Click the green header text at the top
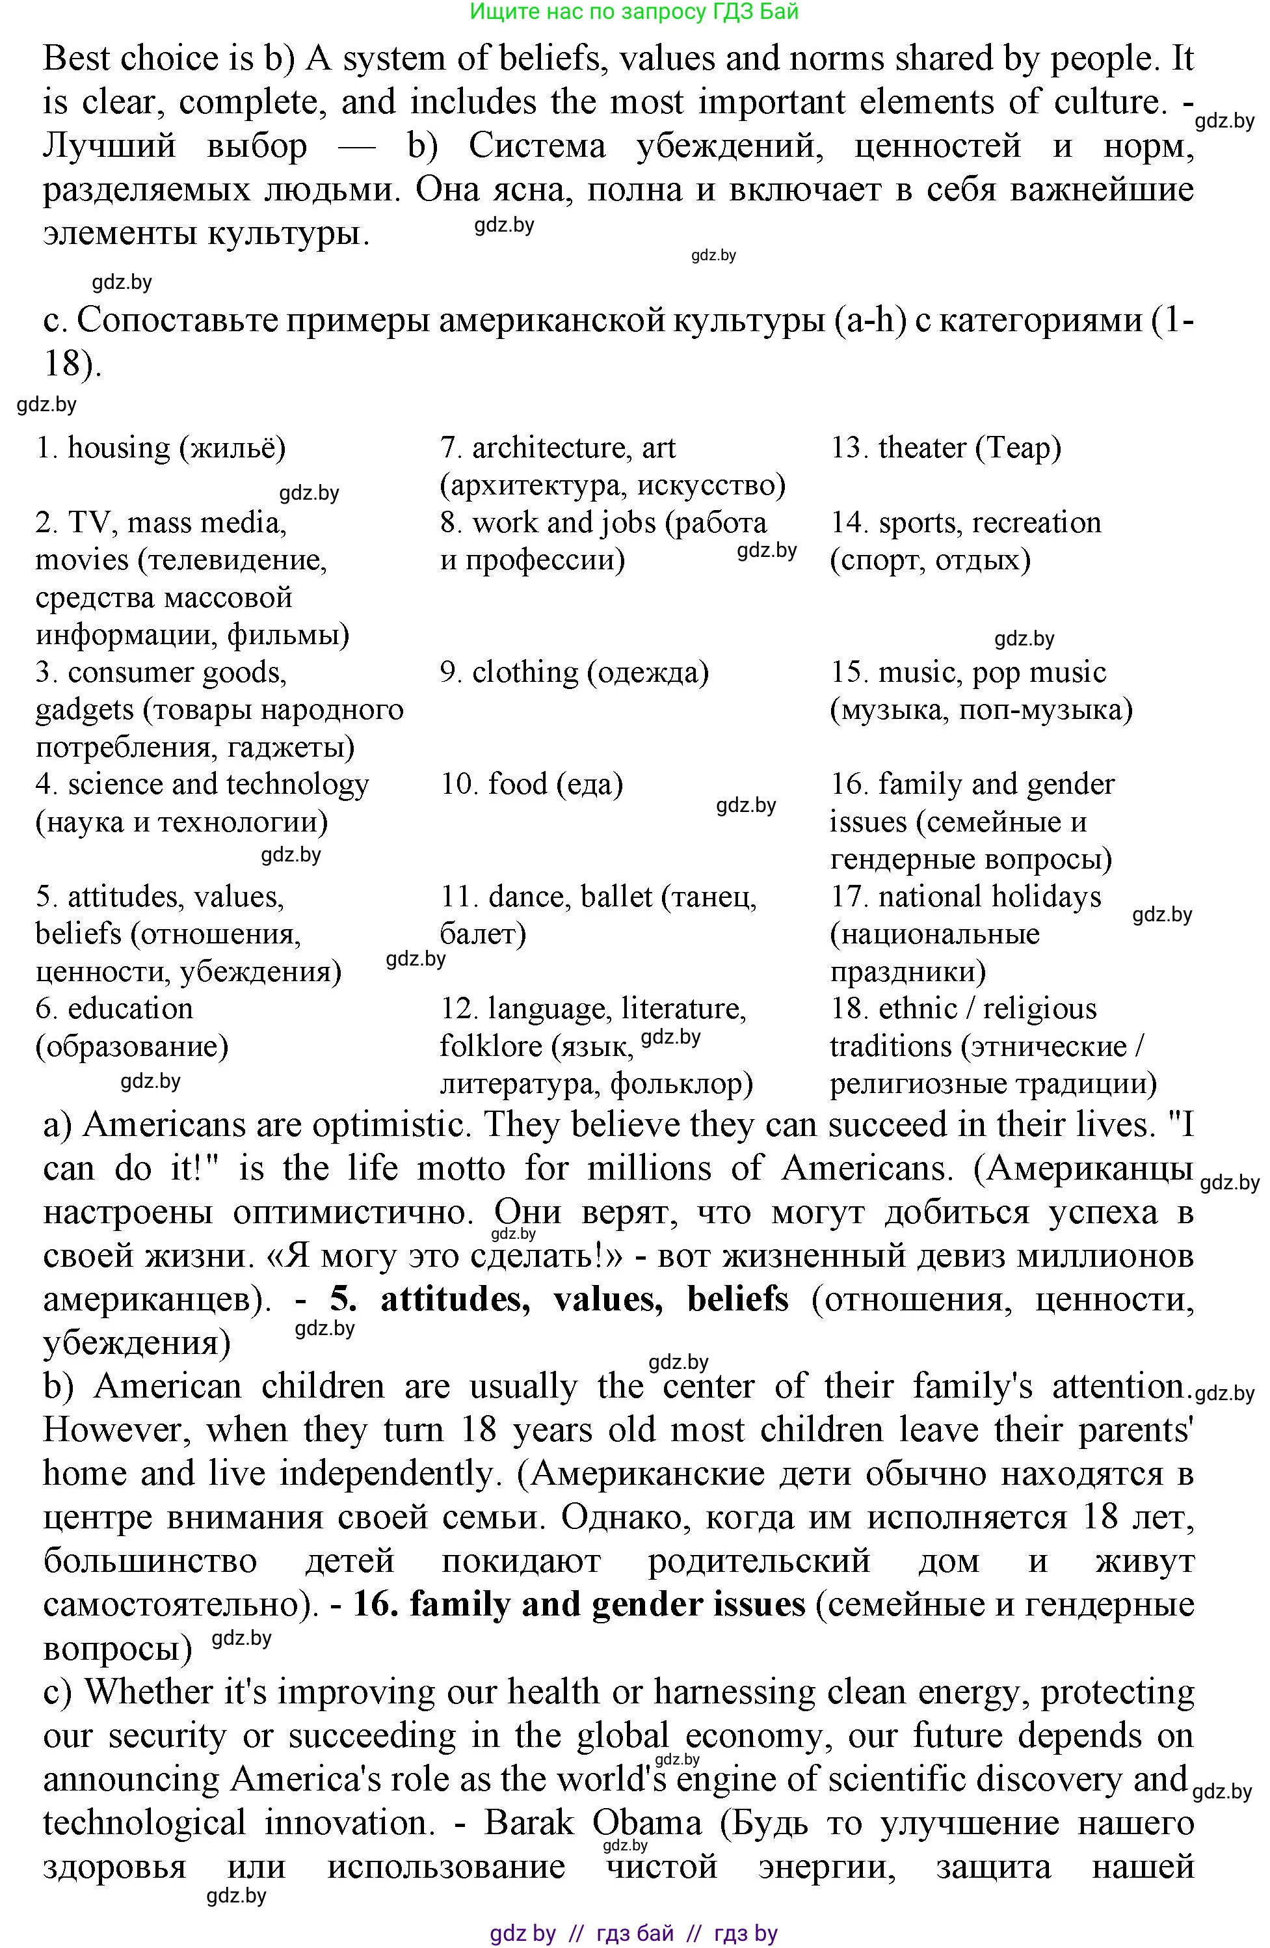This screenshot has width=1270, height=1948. pos(634,12)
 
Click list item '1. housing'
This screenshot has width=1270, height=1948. pos(161,448)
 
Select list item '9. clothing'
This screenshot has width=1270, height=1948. pos(574,672)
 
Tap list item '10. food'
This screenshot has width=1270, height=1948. pos(531,784)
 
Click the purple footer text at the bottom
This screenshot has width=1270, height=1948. pos(634,1932)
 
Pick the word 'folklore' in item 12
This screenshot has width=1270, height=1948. pos(491,1046)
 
